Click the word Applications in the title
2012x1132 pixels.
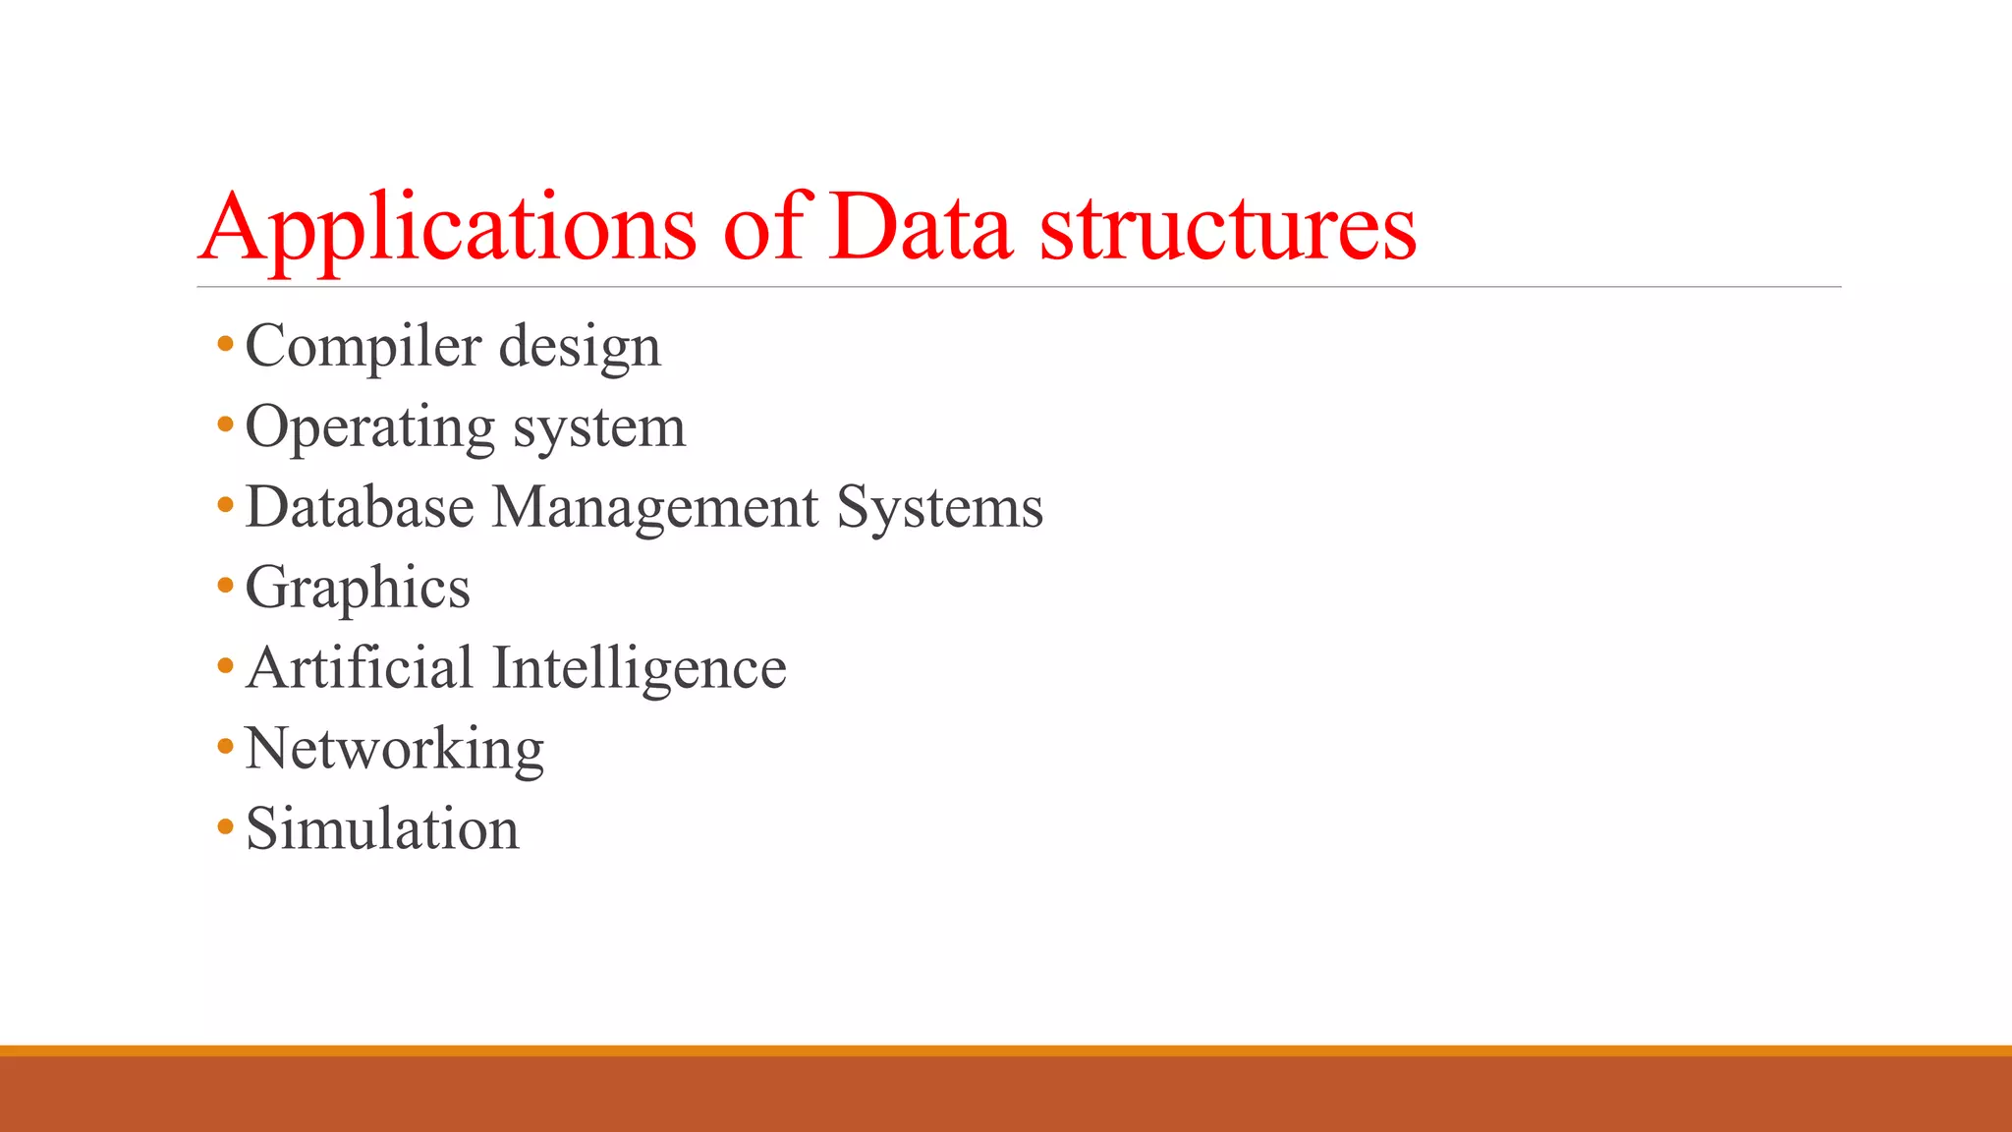[448, 228]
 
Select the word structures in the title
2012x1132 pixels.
[1228, 228]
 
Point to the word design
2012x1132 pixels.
[580, 347]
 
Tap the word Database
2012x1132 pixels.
[360, 507]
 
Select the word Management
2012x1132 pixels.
[655, 507]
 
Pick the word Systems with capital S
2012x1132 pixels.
[940, 507]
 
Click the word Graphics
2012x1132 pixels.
[358, 589]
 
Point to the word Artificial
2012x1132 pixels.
[360, 668]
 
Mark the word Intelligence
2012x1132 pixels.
[640, 669]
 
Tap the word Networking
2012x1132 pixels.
[394, 750]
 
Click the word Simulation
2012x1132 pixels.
[382, 828]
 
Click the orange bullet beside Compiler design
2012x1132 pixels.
[226, 345]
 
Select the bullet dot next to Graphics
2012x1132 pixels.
[226, 587]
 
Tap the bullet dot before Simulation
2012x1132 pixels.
[226, 827]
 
